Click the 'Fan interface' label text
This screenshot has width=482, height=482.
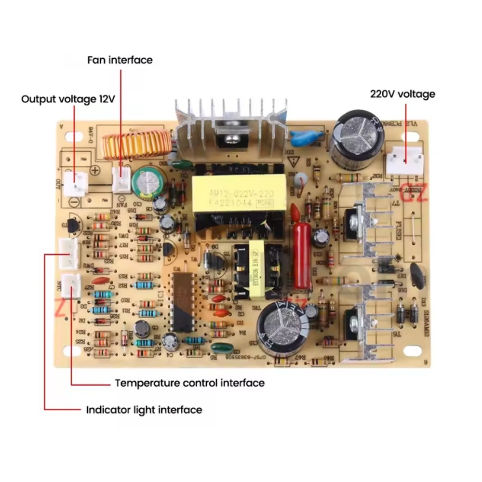point(120,60)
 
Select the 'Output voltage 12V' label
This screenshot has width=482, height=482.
point(68,99)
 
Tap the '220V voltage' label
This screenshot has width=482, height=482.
point(402,94)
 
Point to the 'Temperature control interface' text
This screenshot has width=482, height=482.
point(189,383)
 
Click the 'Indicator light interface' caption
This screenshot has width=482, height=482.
point(144,410)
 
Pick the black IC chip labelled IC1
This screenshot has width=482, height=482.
point(182,301)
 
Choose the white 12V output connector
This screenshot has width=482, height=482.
point(77,183)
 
